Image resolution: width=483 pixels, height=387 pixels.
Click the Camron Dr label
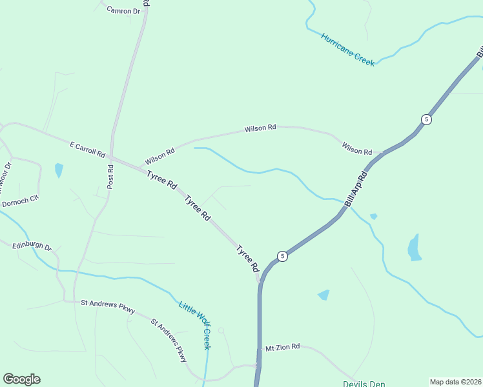123,11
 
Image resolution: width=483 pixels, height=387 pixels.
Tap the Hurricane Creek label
348,49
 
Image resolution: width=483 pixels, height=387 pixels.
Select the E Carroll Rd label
87,150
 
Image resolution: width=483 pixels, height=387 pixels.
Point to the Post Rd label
110,176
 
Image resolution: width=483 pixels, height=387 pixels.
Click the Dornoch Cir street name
21,203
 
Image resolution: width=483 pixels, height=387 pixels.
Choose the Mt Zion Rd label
283,347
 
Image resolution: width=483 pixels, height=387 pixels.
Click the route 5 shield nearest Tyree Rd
282,256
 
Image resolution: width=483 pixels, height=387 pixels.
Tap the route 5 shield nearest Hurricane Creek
426,119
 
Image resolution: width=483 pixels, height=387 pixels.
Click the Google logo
21,379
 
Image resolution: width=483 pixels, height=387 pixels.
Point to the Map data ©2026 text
455,382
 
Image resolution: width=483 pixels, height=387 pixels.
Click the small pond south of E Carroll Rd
59,170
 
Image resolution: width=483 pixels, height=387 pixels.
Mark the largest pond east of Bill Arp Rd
414,248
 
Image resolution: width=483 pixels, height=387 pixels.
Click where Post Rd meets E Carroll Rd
111,157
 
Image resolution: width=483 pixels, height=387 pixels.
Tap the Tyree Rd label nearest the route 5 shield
247,258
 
